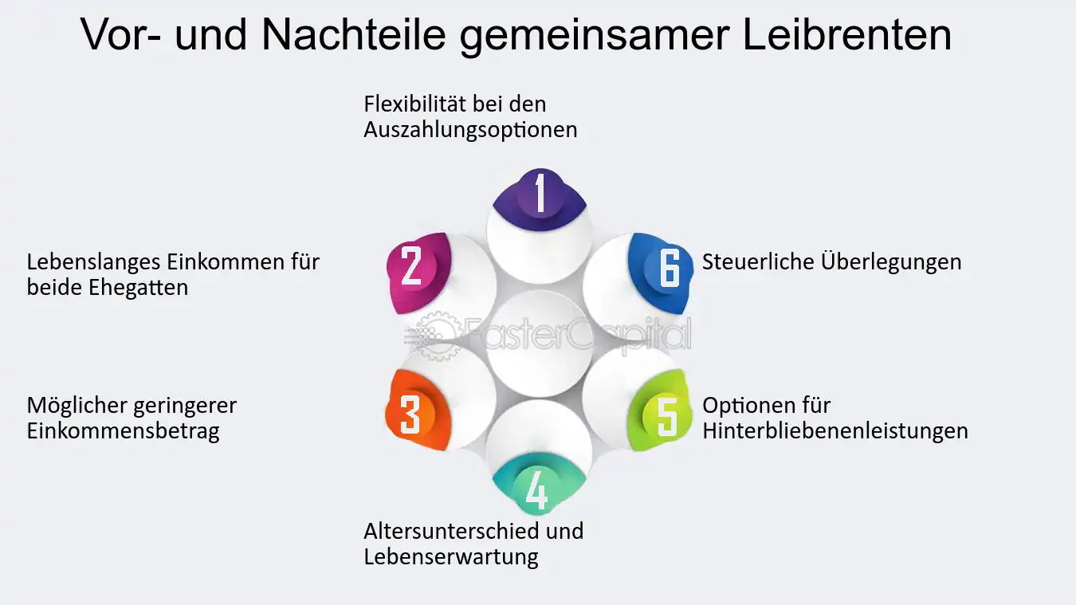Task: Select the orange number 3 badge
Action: pos(418,410)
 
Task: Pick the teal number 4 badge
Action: pos(539,485)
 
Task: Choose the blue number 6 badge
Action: pos(661,273)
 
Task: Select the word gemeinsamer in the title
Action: pos(595,37)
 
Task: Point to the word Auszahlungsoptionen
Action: pos(470,130)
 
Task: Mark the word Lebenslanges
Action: pos(94,263)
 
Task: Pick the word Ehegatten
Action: pos(138,288)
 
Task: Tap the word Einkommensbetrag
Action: pos(123,431)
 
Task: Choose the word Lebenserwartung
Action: pos(450,557)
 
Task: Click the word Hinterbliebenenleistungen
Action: pos(834,431)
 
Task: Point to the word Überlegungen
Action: pos(891,263)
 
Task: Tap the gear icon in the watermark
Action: pos(436,336)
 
